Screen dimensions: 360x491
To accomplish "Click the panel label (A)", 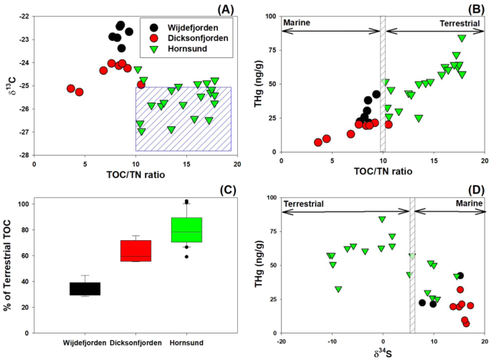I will [221, 6].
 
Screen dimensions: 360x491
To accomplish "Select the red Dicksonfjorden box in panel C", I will [136, 251].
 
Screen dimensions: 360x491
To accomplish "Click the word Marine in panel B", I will [300, 24].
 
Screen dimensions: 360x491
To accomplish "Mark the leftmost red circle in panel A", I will [71, 89].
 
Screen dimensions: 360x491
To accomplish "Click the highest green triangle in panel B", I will [462, 38].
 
